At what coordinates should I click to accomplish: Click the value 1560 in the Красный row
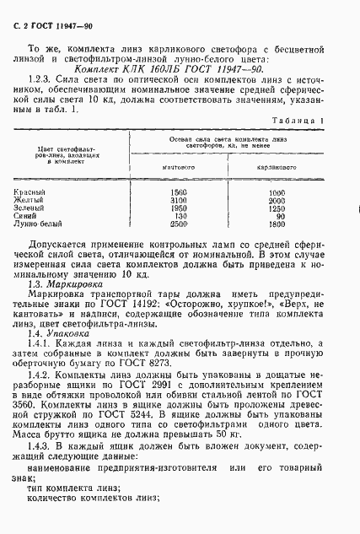coord(179,192)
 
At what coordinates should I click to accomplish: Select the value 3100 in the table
coord(179,200)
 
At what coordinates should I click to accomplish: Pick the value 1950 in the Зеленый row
coord(179,208)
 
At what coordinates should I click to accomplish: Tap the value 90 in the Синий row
coord(278,215)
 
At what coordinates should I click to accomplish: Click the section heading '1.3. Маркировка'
coord(68,284)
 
